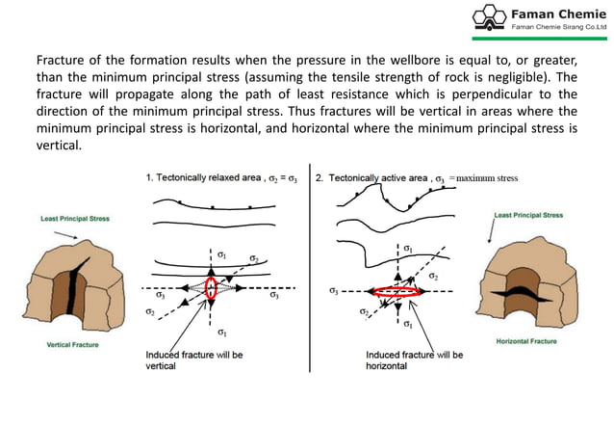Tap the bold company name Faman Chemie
[x=557, y=13]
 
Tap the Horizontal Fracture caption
[x=526, y=341]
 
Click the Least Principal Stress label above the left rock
[x=75, y=219]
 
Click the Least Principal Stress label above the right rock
[x=528, y=215]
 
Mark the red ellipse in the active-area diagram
[x=397, y=290]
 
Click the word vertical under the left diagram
[x=162, y=366]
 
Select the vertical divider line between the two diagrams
[x=311, y=270]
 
